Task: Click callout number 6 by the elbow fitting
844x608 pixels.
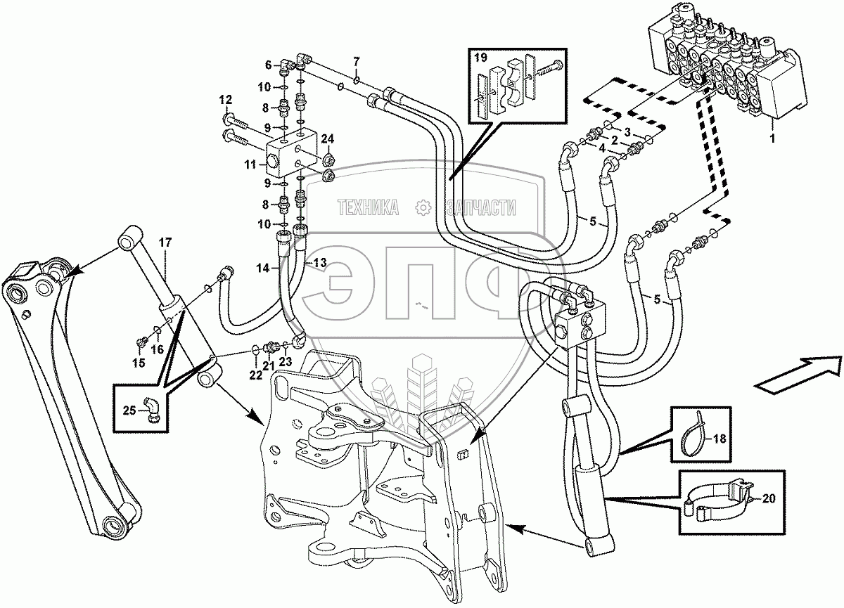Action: (x=268, y=65)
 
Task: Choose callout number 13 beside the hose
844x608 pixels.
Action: (x=320, y=262)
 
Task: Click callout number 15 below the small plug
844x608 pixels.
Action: (x=138, y=363)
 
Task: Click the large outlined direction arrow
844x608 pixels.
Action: (x=798, y=373)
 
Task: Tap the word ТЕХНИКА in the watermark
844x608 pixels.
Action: (x=369, y=207)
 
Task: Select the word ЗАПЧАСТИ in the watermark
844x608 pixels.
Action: (x=481, y=207)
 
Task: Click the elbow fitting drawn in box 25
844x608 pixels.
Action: (x=151, y=410)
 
